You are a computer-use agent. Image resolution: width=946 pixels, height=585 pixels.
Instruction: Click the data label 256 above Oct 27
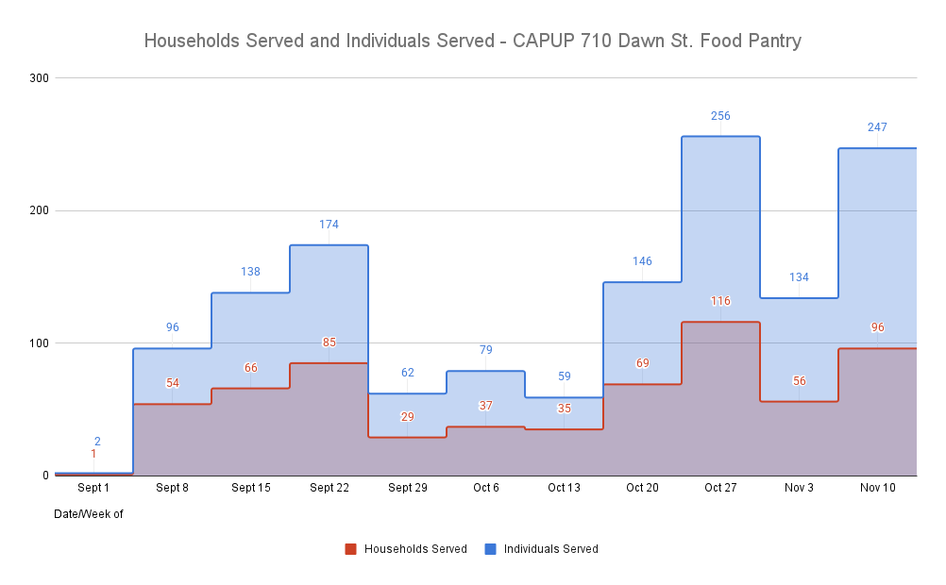click(720, 116)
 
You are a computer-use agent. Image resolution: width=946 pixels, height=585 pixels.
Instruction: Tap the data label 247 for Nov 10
click(877, 127)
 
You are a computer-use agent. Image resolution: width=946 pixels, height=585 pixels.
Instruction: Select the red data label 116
click(720, 301)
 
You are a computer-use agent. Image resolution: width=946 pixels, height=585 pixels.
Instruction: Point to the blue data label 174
click(329, 225)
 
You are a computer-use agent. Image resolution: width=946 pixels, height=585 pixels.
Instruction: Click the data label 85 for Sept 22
click(329, 343)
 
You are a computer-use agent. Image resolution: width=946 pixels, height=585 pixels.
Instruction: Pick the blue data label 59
click(564, 376)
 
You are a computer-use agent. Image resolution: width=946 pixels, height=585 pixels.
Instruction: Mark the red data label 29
click(407, 416)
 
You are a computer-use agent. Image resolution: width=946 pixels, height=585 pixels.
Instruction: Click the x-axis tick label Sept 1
click(93, 488)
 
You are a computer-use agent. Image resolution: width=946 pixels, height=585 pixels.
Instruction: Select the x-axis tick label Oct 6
click(485, 488)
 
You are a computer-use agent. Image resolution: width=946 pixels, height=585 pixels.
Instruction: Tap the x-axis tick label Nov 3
click(799, 488)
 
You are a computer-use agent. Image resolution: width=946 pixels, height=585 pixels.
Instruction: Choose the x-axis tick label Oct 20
click(642, 488)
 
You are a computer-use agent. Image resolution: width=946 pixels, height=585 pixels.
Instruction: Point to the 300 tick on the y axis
click(39, 77)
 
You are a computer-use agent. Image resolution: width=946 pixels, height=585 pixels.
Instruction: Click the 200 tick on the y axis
click(39, 210)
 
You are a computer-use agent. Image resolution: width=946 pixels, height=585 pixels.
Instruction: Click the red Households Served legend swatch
click(350, 549)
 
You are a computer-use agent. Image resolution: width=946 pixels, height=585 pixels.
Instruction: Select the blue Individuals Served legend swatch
click(490, 549)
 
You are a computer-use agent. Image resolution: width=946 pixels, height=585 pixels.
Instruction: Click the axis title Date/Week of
click(89, 514)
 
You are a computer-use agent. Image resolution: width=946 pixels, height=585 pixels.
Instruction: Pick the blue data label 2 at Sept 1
click(97, 441)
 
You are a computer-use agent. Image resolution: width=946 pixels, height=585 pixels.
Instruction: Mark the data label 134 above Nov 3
click(799, 277)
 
